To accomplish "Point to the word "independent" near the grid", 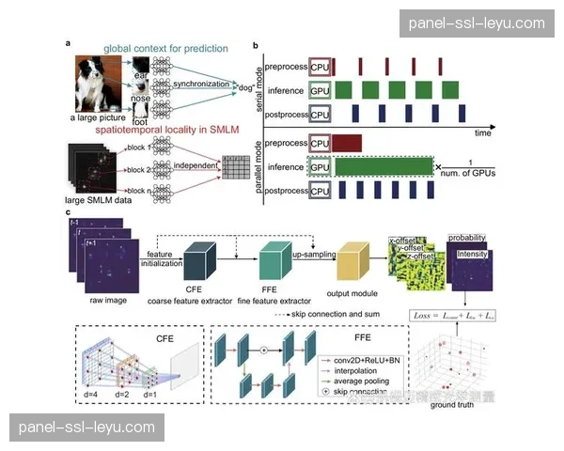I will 195,166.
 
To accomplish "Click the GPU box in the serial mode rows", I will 321,90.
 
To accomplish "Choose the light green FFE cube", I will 274,258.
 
